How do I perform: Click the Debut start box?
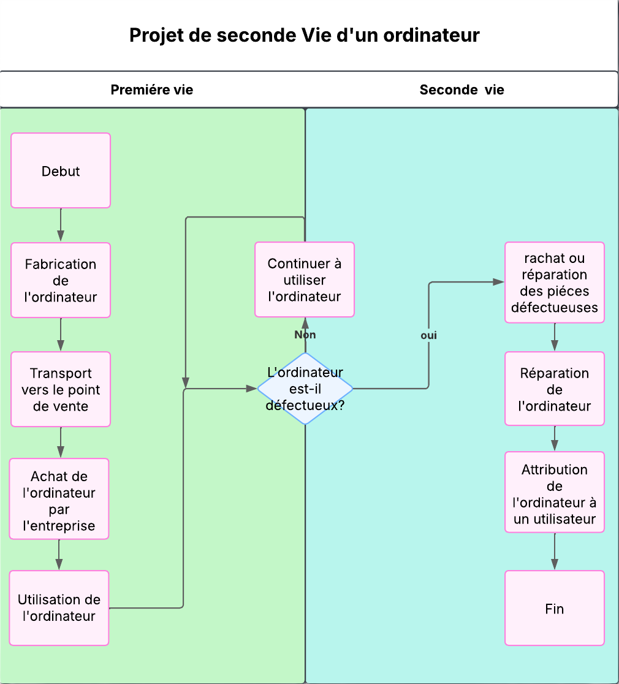[61, 170]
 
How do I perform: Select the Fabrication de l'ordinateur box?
[61, 280]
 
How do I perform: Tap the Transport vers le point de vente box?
[61, 389]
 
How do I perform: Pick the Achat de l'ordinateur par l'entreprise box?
[59, 499]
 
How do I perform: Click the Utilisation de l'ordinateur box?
[59, 607]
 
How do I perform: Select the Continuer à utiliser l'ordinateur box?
[305, 279]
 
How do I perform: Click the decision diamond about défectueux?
[305, 389]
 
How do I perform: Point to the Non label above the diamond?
[305, 335]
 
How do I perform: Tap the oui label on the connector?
[429, 335]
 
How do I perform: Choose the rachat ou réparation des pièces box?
[555, 283]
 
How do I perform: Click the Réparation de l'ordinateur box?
[555, 389]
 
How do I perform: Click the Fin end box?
[555, 608]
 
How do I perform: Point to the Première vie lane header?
[152, 90]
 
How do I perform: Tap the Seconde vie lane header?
[461, 90]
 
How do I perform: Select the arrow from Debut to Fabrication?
[61, 225]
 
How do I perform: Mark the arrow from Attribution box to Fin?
[555, 552]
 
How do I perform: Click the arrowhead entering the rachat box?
[499, 282]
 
